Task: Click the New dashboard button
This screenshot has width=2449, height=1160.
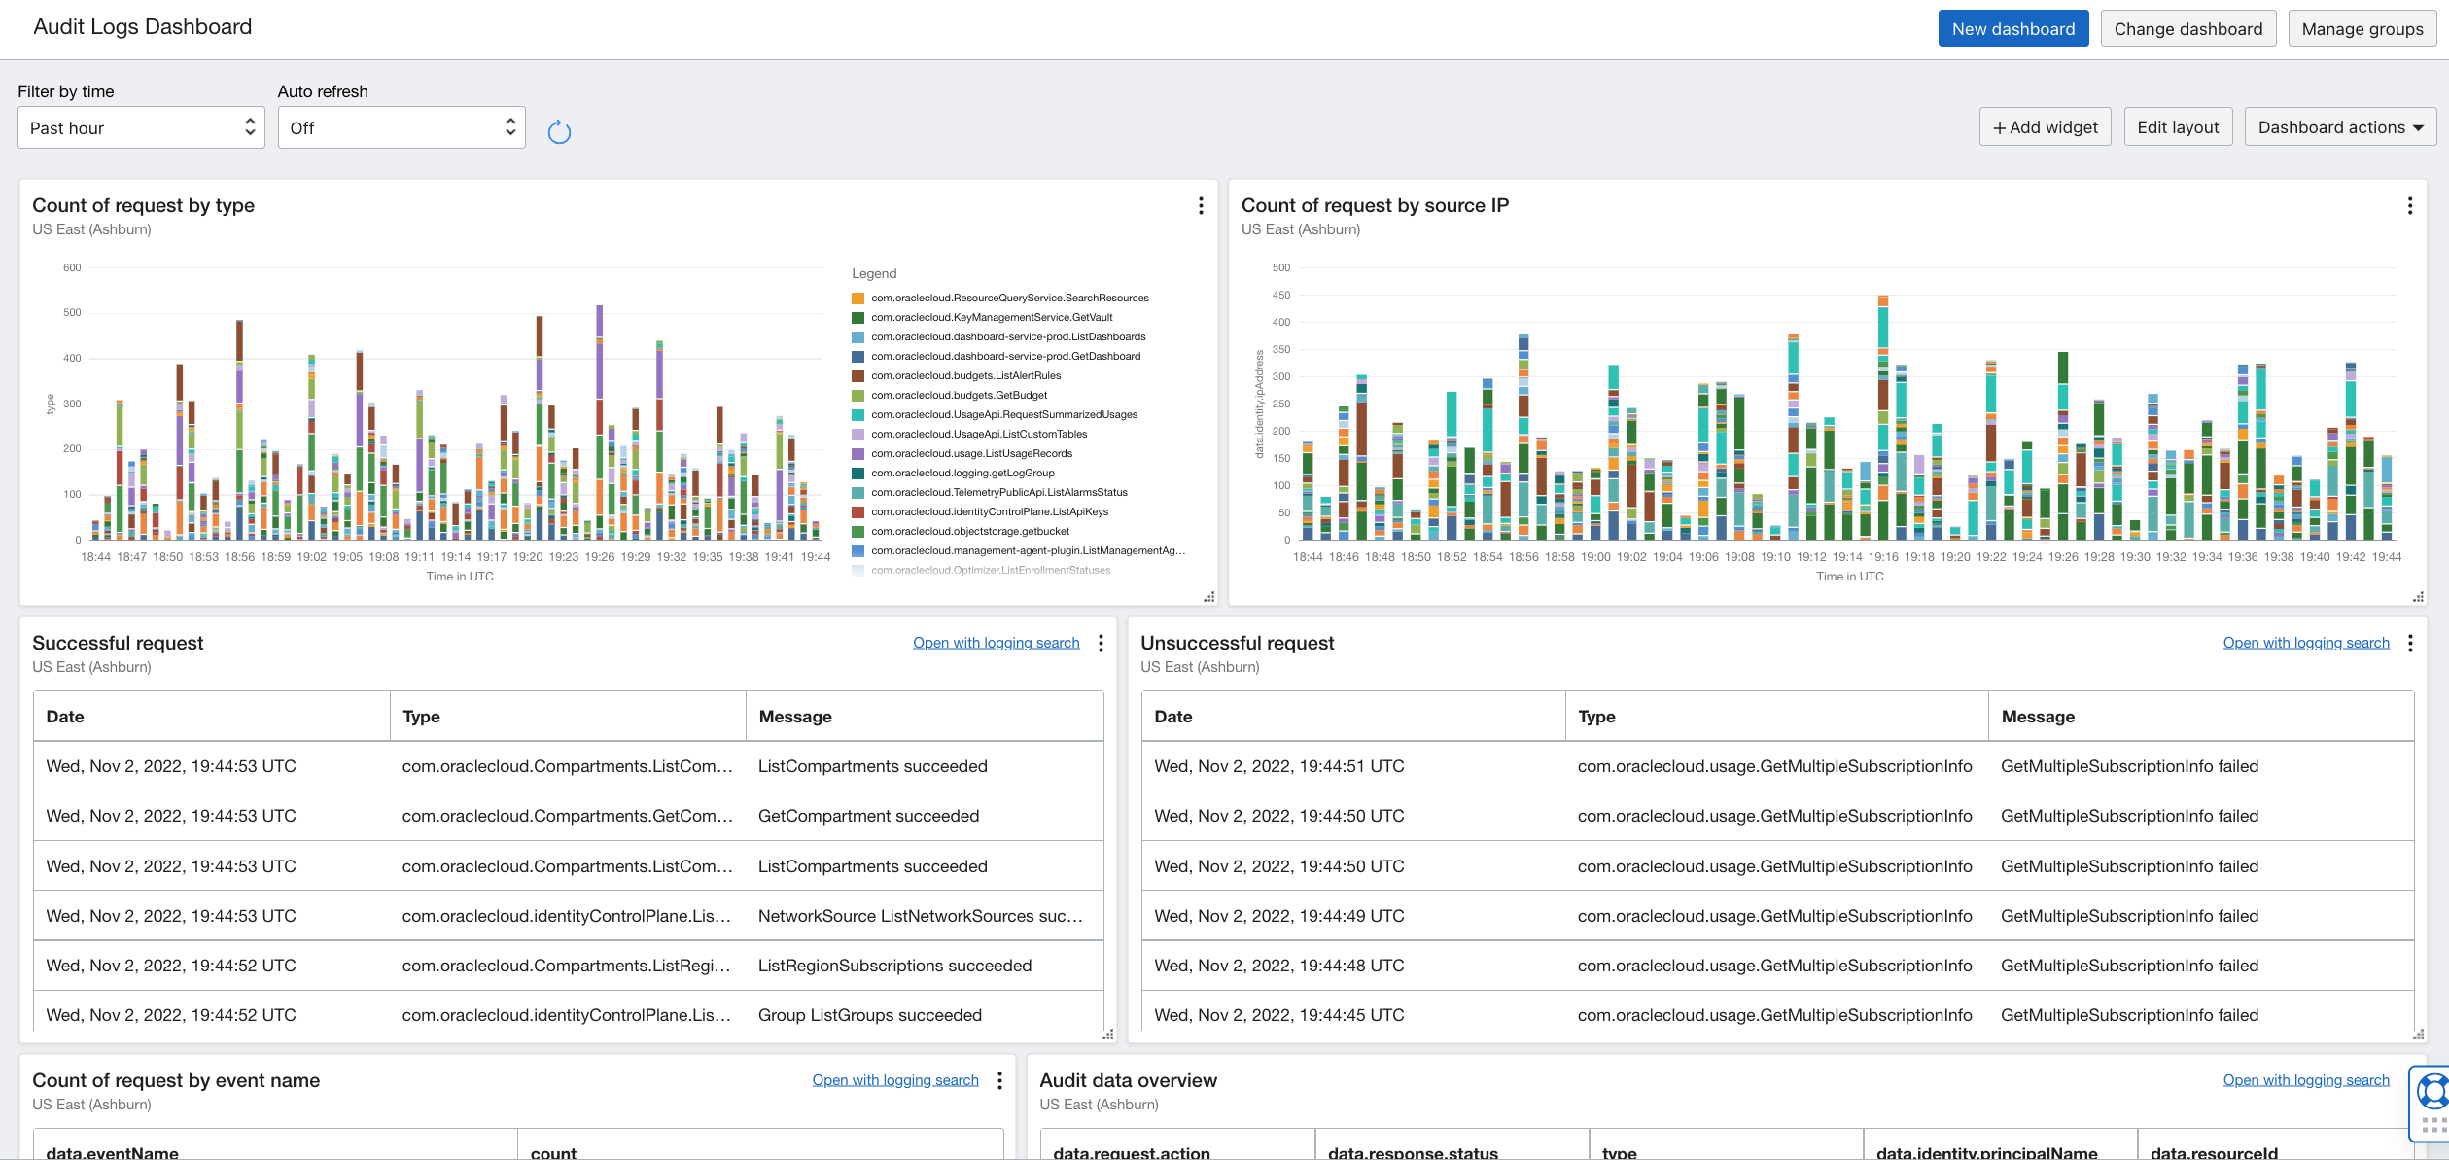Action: (x=2012, y=29)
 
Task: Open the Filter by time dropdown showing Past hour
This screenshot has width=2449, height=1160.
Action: (x=141, y=128)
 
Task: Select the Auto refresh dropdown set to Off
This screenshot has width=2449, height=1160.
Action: (x=402, y=128)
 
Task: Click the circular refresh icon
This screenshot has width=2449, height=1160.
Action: (x=559, y=132)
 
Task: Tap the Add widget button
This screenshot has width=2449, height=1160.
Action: (x=2045, y=127)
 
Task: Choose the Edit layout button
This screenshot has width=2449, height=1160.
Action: (x=2178, y=127)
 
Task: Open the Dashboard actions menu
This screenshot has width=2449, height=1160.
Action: (x=2339, y=127)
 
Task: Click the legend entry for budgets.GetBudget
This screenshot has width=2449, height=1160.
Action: (x=959, y=396)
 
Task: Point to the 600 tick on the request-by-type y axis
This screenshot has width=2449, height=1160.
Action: (x=72, y=268)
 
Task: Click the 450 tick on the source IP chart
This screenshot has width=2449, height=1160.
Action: (x=1281, y=296)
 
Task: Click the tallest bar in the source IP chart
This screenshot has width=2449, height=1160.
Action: (x=1883, y=418)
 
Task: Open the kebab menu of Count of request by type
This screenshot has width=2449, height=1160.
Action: (x=1201, y=206)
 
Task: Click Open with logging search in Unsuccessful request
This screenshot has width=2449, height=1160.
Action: (x=2305, y=643)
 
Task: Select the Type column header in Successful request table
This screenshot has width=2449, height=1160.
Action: (x=421, y=717)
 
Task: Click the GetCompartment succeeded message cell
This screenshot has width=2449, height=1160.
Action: (x=868, y=817)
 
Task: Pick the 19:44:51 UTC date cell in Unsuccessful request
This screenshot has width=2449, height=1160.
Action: (x=1278, y=766)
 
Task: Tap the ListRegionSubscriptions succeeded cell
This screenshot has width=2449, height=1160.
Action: (x=894, y=966)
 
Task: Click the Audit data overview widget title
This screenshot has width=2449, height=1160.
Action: (x=1128, y=1080)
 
